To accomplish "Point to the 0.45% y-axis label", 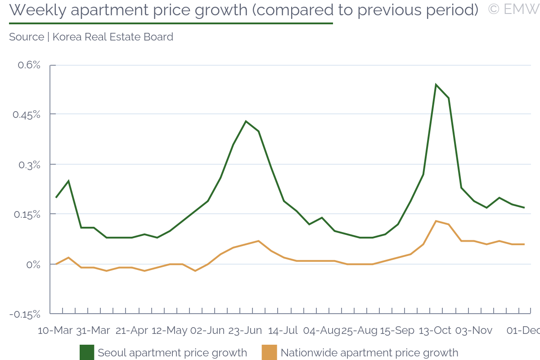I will (x=26, y=115).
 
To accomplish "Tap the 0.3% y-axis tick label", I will (x=29, y=165).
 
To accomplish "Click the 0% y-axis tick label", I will (x=32, y=265).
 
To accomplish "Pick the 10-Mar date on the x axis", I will (x=55, y=330).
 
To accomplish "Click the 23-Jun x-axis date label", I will (x=245, y=330).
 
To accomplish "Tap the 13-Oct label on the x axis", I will (x=435, y=330).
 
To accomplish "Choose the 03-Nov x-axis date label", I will (x=474, y=330).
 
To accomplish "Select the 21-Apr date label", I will (x=132, y=330).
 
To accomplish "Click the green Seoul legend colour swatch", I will (x=87, y=352).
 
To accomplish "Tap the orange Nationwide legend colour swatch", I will (x=270, y=352).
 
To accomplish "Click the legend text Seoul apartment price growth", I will (x=172, y=353).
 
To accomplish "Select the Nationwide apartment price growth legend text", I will (x=369, y=353).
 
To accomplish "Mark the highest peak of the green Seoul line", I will (x=436, y=85).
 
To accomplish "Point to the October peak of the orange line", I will (x=436, y=221).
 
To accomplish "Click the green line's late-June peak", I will (x=246, y=121).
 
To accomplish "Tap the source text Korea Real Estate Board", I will (x=113, y=37).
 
